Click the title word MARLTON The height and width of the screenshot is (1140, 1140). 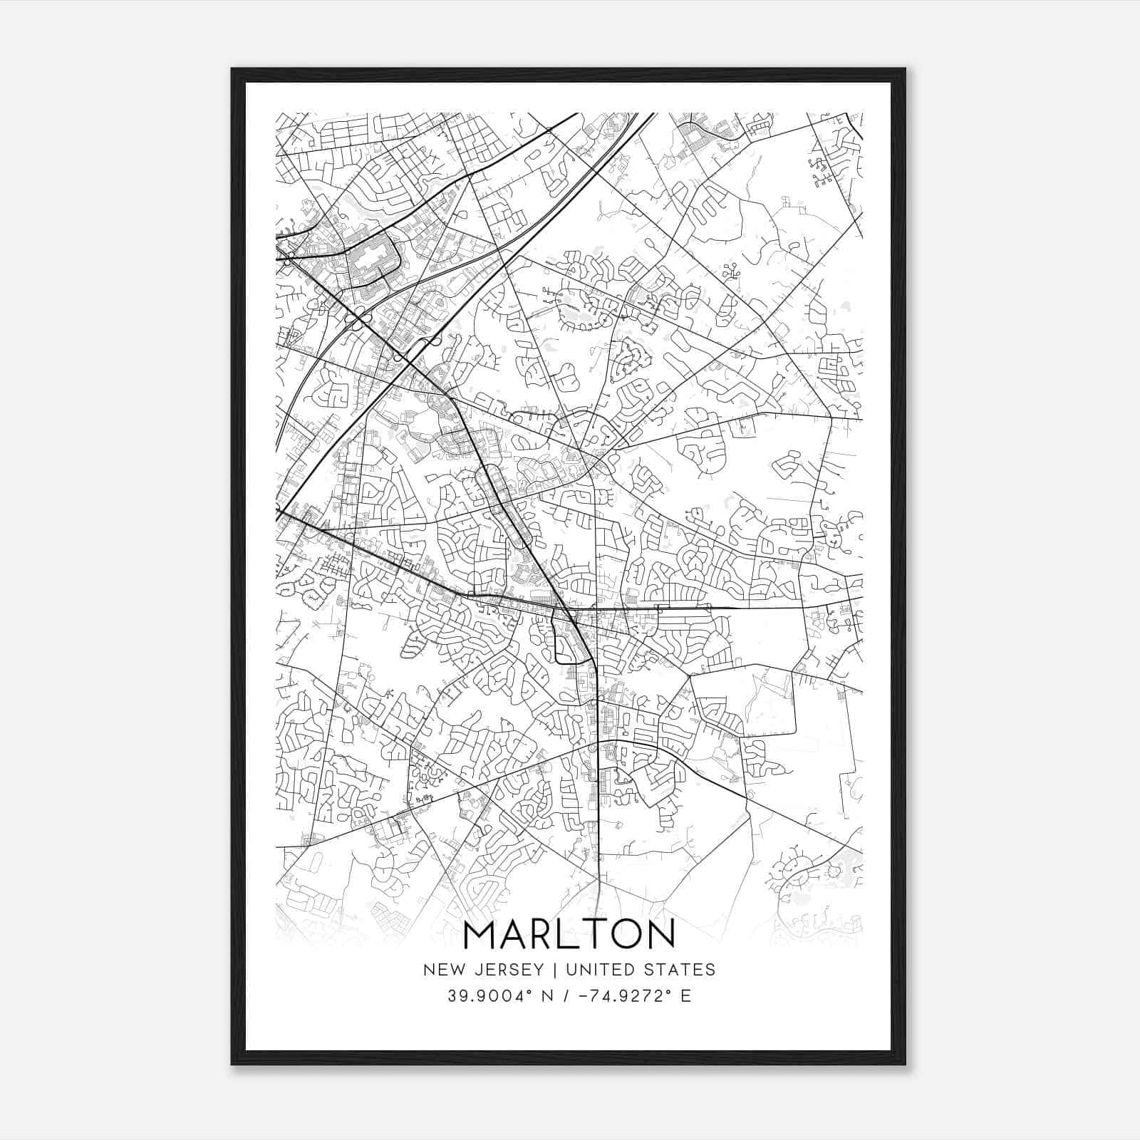569,934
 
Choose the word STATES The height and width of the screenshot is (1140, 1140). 680,970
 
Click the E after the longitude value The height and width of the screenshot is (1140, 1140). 686,996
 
